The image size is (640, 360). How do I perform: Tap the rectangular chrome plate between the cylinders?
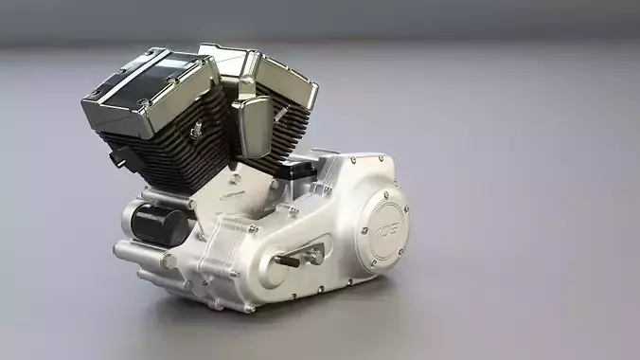pyautogui.click(x=251, y=126)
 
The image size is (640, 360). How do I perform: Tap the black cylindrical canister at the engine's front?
pyautogui.click(x=156, y=223)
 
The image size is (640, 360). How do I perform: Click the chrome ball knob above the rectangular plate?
pyautogui.click(x=245, y=88)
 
